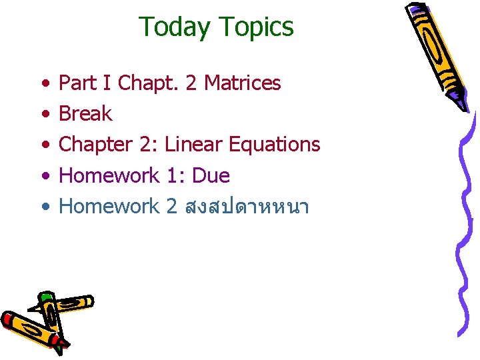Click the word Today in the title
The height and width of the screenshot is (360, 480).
[174, 27]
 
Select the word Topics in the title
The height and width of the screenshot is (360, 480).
[255, 27]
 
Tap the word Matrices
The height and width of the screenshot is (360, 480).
[243, 83]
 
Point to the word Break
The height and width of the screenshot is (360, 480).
[85, 113]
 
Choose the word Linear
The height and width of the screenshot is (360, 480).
[193, 145]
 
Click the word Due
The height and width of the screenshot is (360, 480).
[209, 176]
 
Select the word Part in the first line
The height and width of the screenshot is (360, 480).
[78, 83]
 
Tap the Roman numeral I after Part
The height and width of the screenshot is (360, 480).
[107, 83]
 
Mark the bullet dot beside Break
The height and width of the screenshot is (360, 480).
[44, 114]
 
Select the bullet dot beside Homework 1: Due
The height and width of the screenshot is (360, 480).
[44, 177]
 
